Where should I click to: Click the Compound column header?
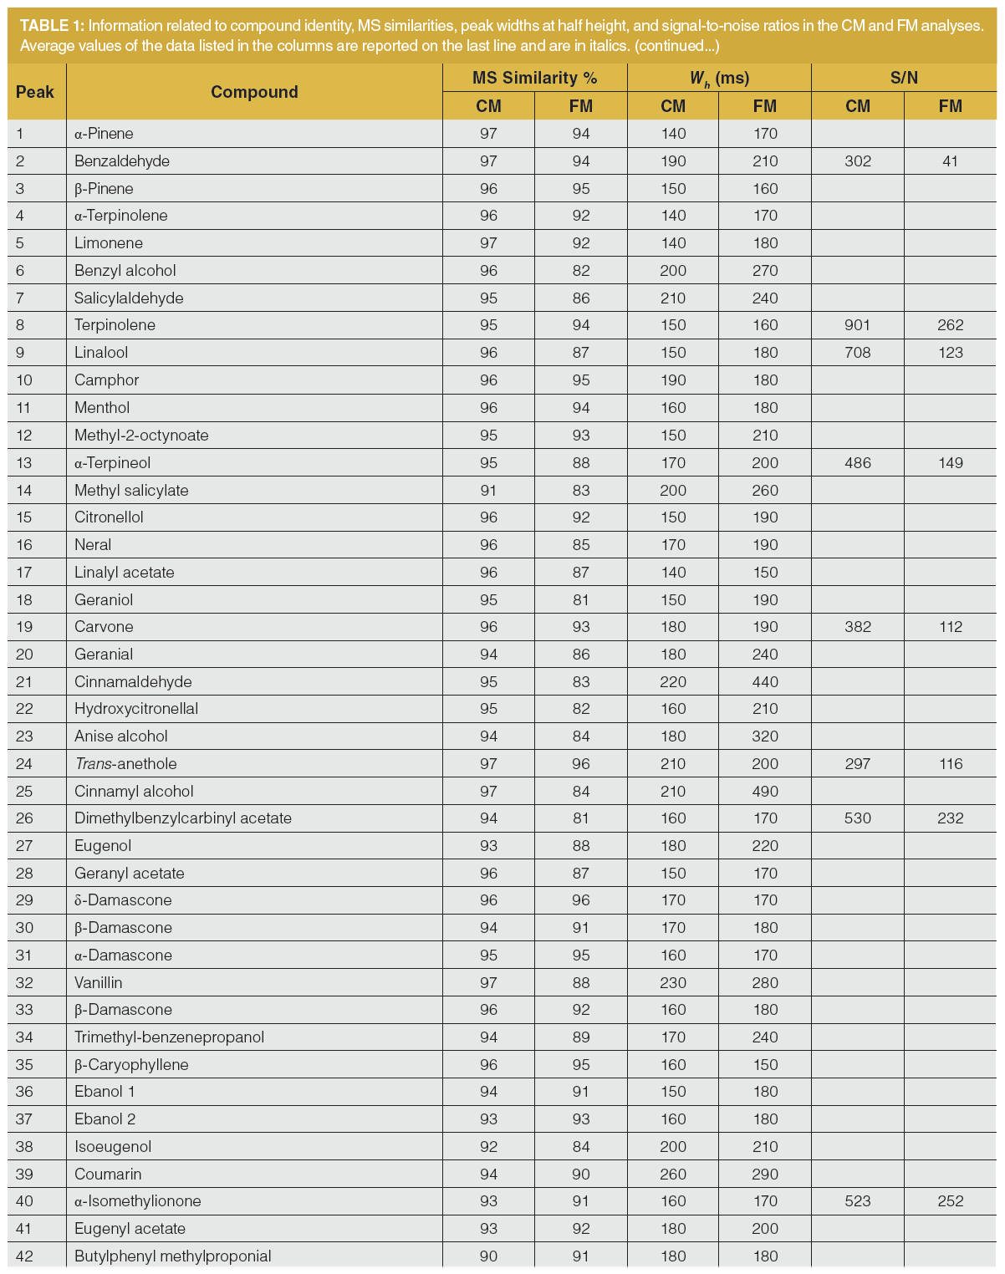[x=254, y=92]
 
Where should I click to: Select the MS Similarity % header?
[x=534, y=78]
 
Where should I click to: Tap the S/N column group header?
[x=904, y=78]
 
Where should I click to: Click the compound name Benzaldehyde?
[x=122, y=161]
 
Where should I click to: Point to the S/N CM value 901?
[x=858, y=325]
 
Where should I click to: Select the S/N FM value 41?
[x=950, y=161]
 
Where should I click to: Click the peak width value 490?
[x=764, y=791]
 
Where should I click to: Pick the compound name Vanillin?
[x=99, y=982]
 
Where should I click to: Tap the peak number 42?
[x=24, y=1256]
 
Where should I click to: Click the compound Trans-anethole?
[x=125, y=763]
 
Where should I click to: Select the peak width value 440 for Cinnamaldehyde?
[x=764, y=681]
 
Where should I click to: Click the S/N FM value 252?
[x=950, y=1201]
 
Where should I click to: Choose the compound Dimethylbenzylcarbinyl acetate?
[x=183, y=818]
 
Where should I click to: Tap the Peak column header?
[x=35, y=92]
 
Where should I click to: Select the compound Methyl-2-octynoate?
[x=141, y=435]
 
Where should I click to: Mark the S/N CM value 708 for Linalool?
[x=858, y=353]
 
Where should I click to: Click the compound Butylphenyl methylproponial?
[x=173, y=1256]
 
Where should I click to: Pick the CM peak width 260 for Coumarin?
[x=673, y=1174]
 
